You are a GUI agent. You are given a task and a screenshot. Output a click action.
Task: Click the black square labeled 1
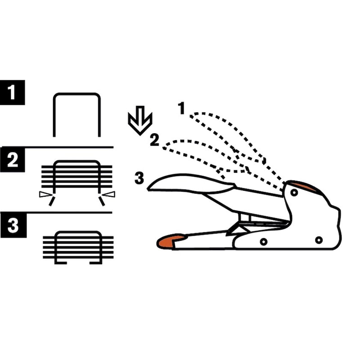coord(13,93)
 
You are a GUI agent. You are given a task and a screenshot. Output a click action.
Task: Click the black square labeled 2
coord(13,160)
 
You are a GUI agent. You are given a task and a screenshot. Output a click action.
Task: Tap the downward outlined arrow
coord(140,120)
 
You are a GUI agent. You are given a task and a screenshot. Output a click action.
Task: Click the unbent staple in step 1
coord(77,94)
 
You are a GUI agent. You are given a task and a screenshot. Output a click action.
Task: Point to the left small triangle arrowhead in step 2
coord(46,194)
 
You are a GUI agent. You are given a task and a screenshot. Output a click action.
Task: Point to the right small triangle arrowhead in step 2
coord(108,194)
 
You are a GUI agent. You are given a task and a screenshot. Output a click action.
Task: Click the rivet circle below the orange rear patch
coord(294,193)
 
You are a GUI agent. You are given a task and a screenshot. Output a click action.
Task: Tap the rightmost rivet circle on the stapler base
coord(319,240)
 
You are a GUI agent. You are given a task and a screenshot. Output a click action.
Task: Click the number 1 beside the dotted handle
coord(182,108)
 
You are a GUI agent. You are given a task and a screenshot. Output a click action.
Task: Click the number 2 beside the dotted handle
coord(154,140)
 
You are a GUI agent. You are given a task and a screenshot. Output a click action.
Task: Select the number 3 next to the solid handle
coord(139,178)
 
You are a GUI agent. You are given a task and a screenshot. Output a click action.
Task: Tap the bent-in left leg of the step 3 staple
coord(61,263)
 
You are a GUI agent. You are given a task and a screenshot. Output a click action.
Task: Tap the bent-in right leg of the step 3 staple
coord(96,263)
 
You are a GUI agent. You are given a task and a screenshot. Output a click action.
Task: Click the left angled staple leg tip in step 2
coord(52,201)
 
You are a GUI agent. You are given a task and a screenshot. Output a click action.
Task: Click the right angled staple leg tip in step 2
coord(102,201)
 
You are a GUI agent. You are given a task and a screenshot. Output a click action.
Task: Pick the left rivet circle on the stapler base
coord(264,242)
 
